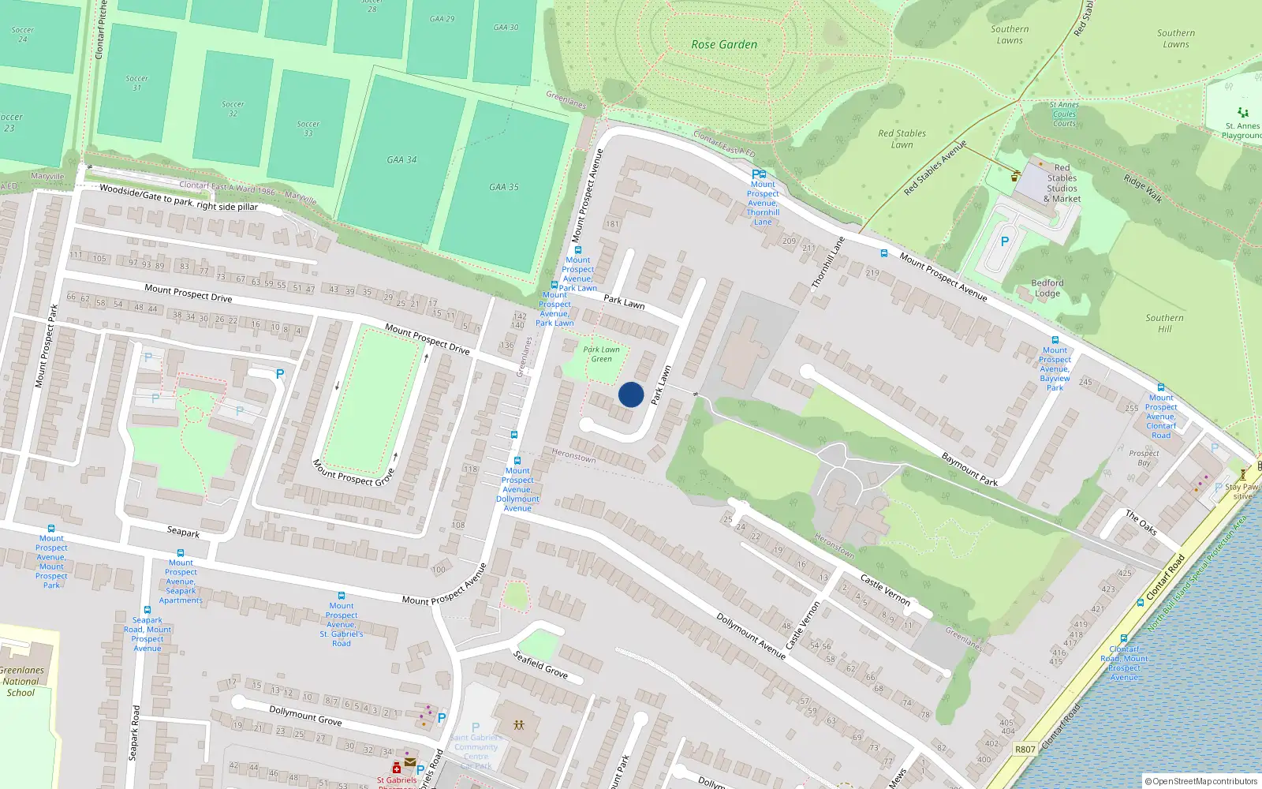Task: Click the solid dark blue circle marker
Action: coord(631,394)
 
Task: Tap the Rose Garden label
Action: coord(724,45)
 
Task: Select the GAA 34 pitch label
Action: coord(401,160)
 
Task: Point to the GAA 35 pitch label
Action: coord(503,188)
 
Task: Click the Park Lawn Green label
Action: coord(601,354)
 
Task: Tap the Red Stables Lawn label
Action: coord(902,139)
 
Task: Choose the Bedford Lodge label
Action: coord(1047,288)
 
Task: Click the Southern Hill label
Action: coord(1164,323)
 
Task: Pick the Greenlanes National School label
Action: coord(21,682)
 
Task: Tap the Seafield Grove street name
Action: coord(540,664)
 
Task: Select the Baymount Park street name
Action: coord(969,469)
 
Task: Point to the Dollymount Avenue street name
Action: coord(751,635)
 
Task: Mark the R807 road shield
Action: coord(1025,750)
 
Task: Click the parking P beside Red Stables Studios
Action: coord(1004,242)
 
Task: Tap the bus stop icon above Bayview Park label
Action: coord(1055,340)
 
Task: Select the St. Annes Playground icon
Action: coord(1243,113)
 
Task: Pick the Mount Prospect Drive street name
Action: coord(189,294)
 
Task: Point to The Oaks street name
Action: coord(1141,522)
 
